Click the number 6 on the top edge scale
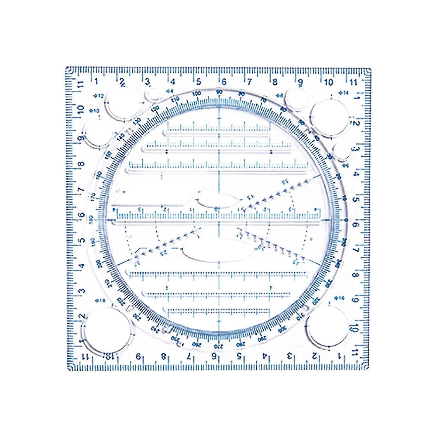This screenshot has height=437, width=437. pos(224,82)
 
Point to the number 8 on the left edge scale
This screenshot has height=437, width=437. pos(81,164)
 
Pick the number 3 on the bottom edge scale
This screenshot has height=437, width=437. pos(289,356)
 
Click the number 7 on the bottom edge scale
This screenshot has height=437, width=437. pos(188,356)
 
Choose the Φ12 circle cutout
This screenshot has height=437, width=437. pos(123,103)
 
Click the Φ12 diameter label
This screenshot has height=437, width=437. pos(99,96)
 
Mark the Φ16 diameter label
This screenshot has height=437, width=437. pos(339,298)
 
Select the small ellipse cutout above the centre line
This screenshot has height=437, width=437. pos(218,201)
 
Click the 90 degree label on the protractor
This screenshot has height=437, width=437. pos(219,92)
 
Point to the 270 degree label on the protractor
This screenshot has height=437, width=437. pos(218,346)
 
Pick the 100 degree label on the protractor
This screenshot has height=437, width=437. pos(197,93)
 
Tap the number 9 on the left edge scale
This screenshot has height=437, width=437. pos(81,138)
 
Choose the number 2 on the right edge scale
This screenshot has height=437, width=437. pos(356,123)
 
